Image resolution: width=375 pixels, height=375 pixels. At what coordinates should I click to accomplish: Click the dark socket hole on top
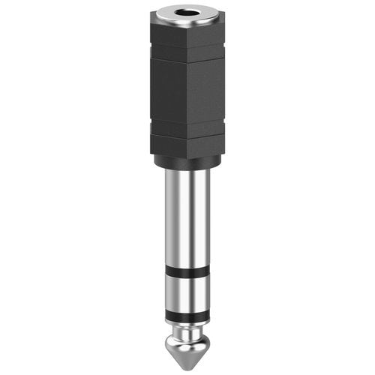[187, 13]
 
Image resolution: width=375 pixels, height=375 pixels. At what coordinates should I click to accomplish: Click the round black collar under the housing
[187, 160]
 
